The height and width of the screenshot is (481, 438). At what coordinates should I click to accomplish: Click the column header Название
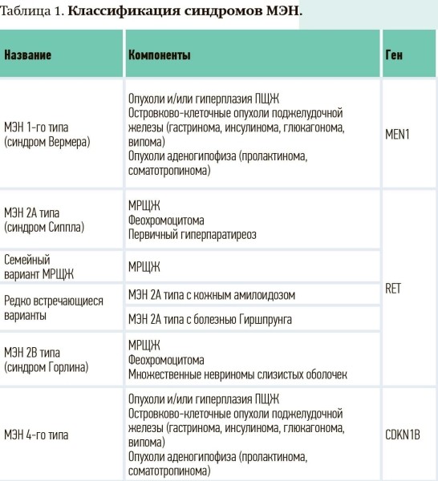(28, 56)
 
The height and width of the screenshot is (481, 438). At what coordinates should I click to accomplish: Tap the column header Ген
(394, 56)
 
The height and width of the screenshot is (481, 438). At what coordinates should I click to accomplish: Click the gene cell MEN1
(398, 135)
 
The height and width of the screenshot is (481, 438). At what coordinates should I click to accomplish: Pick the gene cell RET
(393, 289)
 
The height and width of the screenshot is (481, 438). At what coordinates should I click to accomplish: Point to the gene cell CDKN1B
(403, 435)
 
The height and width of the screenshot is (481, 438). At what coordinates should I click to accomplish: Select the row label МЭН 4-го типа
(36, 435)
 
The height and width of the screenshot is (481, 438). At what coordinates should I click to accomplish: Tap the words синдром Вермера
(48, 142)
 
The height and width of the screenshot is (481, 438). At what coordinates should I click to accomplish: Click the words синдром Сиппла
(47, 227)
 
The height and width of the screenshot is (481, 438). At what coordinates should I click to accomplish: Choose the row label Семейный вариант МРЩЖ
(39, 266)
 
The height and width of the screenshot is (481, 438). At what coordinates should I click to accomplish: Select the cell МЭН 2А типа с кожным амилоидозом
(212, 295)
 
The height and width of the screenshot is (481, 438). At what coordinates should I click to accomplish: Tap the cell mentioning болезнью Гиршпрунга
(210, 320)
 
